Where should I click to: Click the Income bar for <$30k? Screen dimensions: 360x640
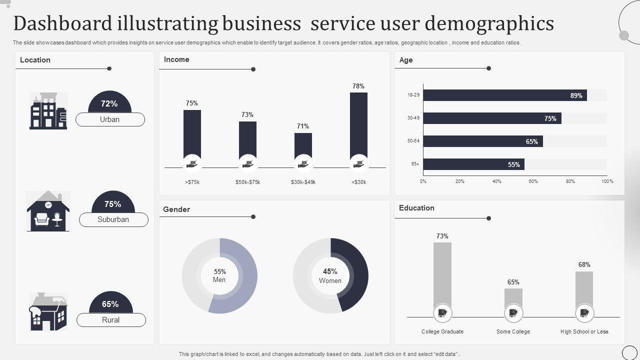click(358, 125)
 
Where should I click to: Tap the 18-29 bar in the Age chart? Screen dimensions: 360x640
click(505, 95)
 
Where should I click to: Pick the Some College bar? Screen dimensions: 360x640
click(513, 297)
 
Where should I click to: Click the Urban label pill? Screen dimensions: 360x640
click(110, 119)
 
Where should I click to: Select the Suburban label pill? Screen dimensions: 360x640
click(113, 219)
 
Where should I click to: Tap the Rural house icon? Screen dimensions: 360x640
click(48, 311)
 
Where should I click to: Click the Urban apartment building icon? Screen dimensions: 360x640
click(48, 110)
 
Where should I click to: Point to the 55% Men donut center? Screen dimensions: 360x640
click(219, 275)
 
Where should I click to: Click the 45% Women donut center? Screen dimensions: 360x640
click(330, 275)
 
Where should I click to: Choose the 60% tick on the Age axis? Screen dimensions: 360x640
click(533, 181)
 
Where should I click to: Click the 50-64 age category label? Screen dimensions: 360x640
click(413, 141)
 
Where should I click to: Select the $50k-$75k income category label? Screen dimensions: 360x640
click(247, 182)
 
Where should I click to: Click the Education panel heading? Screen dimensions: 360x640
click(416, 208)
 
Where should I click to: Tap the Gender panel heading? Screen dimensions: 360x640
click(176, 209)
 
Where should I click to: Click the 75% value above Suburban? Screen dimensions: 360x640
click(113, 204)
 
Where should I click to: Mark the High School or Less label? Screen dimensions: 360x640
click(584, 331)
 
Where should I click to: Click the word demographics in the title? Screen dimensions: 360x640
click(489, 23)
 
